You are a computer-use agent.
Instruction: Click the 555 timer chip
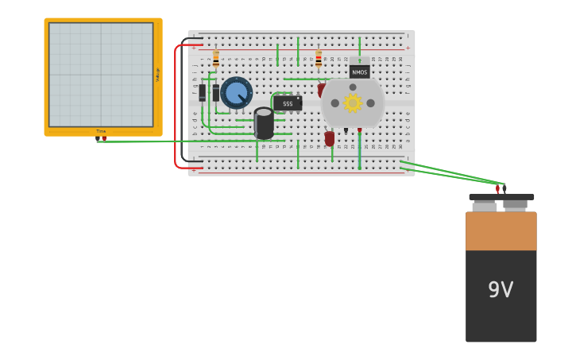coord(288,103)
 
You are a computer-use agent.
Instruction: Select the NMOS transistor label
coord(360,72)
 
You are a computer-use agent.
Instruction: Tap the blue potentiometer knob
coord(236,93)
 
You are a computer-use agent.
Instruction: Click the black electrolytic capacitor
coord(264,123)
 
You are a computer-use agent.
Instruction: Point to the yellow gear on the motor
coord(353,103)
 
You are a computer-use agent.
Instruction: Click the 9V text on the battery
coord(501,290)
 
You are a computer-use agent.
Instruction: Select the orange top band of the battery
coord(501,230)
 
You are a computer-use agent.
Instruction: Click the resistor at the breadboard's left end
coord(215,59)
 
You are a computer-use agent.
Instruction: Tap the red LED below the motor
coord(330,138)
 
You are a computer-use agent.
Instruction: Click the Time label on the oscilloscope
coord(101,131)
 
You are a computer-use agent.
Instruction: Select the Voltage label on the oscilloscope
coord(157,75)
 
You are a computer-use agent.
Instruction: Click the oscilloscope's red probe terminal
coord(104,139)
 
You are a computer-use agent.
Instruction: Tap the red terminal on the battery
coord(497,189)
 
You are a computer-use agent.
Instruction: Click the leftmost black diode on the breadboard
coord(203,93)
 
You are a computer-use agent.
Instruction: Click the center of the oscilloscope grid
coord(101,75)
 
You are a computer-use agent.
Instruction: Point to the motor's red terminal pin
coord(359,130)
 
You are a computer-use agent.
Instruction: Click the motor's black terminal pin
coord(346,130)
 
